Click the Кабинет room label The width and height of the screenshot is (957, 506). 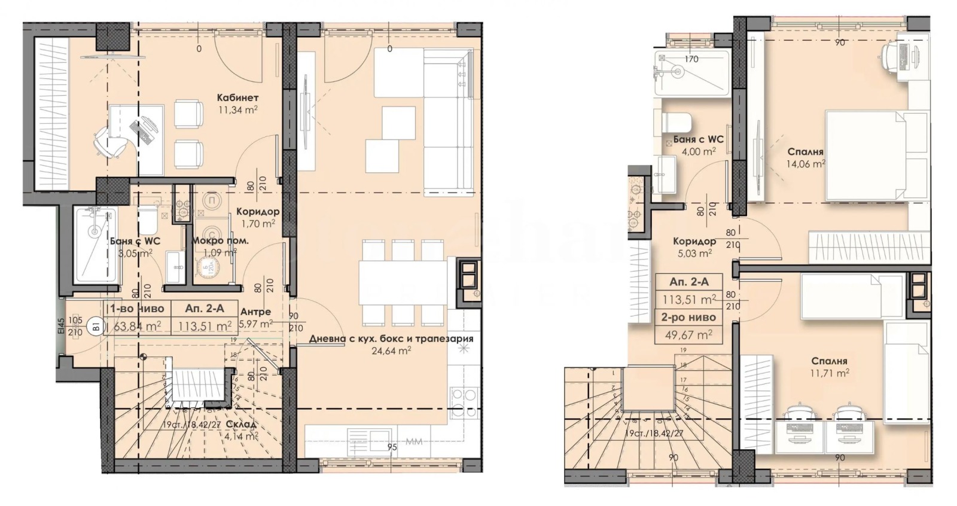pos(237,97)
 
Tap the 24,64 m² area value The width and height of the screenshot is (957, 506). pos(392,351)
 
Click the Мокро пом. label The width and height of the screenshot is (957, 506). pos(220,240)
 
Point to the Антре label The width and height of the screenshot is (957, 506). pos(255,312)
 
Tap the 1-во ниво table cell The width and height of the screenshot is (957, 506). pos(137,309)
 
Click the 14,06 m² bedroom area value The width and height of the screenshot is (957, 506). pos(806,163)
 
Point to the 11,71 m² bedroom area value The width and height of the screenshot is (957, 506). pos(830,373)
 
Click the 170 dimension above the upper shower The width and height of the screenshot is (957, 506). pos(691,59)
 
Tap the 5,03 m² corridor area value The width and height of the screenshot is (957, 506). pos(692,253)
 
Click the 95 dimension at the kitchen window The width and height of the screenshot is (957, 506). pos(392,447)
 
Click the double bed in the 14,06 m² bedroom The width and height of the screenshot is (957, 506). pos(865,155)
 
